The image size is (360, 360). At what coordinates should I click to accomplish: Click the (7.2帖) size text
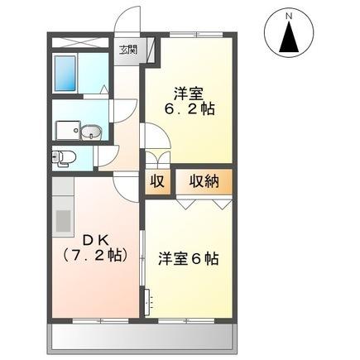94,254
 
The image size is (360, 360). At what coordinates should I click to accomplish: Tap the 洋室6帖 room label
189,258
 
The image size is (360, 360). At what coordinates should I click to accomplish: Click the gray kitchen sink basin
63,222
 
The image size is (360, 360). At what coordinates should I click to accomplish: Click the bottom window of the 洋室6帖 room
190,319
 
